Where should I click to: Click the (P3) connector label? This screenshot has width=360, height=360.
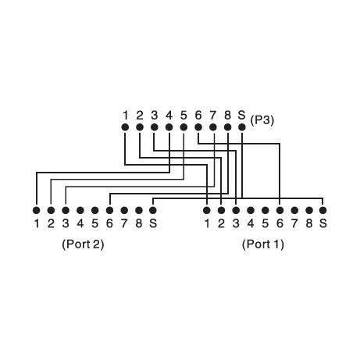pyautogui.click(x=262, y=120)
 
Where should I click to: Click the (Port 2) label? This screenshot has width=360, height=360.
pyautogui.click(x=83, y=244)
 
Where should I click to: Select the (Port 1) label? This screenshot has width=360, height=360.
pyautogui.click(x=263, y=244)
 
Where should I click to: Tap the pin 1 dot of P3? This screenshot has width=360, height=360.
pyautogui.click(x=125, y=127)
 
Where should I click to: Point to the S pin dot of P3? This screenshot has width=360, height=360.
pyautogui.click(x=242, y=127)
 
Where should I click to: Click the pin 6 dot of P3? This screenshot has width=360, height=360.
pyautogui.click(x=198, y=127)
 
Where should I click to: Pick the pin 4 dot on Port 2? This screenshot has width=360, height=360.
pyautogui.click(x=80, y=210)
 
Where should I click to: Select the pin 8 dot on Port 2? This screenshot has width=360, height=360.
pyautogui.click(x=139, y=210)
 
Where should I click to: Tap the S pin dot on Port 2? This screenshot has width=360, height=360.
pyautogui.click(x=153, y=210)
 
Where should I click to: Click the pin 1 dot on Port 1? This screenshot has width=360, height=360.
pyautogui.click(x=207, y=210)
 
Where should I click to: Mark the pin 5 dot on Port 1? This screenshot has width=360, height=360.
pyautogui.click(x=266, y=210)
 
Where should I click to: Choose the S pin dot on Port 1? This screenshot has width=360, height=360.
pyautogui.click(x=323, y=210)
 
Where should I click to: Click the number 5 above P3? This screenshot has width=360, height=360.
pyautogui.click(x=184, y=115)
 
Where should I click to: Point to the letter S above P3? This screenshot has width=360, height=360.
pyautogui.click(x=242, y=115)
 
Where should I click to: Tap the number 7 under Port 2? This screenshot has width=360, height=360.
pyautogui.click(x=124, y=223)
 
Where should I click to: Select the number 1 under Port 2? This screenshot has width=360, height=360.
pyautogui.click(x=37, y=223)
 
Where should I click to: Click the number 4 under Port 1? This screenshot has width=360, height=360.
pyautogui.click(x=251, y=223)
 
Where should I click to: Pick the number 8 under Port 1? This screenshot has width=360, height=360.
pyautogui.click(x=309, y=223)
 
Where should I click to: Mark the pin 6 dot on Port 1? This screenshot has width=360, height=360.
pyautogui.click(x=280, y=210)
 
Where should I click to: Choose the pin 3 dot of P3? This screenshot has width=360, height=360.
pyautogui.click(x=155, y=127)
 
